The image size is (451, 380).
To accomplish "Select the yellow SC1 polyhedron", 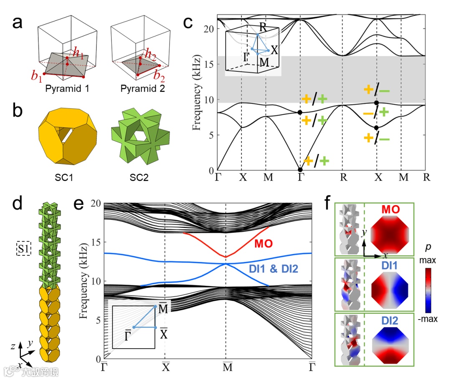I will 68,137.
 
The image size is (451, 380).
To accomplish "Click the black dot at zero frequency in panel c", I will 300,170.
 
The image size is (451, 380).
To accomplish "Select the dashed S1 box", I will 22,249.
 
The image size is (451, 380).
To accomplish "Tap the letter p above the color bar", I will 428,247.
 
